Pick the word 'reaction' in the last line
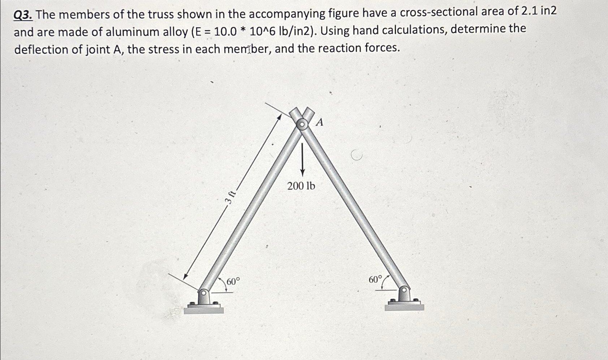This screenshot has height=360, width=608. coord(339,48)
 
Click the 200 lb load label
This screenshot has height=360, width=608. coord(301,186)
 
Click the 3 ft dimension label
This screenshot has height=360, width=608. coord(230,197)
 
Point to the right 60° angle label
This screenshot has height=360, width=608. coord(375,279)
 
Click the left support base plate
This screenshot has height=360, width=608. coord(204,309)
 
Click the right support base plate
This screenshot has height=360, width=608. coord(404,307)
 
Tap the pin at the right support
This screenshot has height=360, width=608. coord(405,290)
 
